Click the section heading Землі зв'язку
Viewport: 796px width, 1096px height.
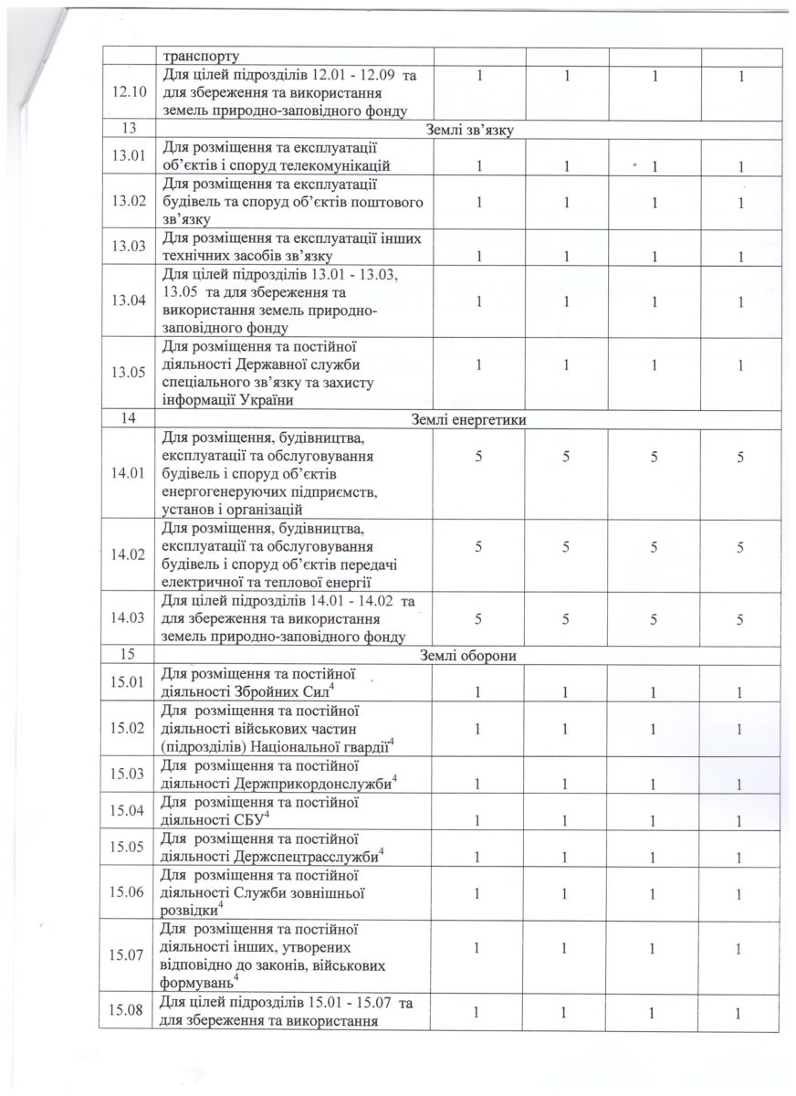pyautogui.click(x=469, y=131)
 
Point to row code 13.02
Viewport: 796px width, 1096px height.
pyautogui.click(x=128, y=202)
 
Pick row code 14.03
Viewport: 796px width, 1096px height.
pyautogui.click(x=128, y=618)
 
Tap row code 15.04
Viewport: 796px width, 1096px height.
pyautogui.click(x=128, y=810)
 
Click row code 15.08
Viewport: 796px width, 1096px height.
pyautogui.click(x=128, y=1010)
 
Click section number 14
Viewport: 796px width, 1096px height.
pyautogui.click(x=127, y=419)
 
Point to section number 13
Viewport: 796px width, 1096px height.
pyautogui.click(x=127, y=131)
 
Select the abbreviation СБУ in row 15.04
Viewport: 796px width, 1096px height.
pyautogui.click(x=248, y=818)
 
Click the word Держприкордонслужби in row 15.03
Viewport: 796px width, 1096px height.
pyautogui.click(x=313, y=782)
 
